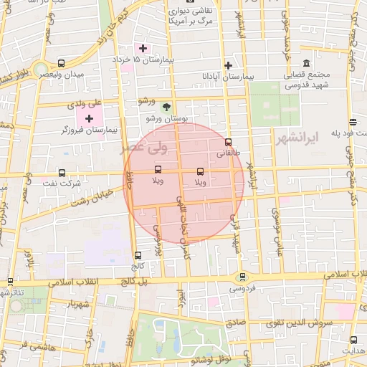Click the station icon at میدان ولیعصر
tap(61, 63)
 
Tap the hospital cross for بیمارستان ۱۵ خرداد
tap(143, 48)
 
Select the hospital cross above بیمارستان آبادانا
tap(228, 65)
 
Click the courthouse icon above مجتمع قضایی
tap(307, 63)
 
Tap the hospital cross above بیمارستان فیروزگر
tap(89, 118)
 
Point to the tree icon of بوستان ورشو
tap(167, 106)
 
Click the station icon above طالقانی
tap(228, 142)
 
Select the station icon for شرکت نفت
tap(62, 173)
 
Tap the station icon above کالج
tap(138, 254)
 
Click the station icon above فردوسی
tap(241, 277)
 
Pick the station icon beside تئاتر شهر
tap(9, 282)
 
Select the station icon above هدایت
tap(353, 340)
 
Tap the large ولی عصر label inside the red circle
tap(166, 149)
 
